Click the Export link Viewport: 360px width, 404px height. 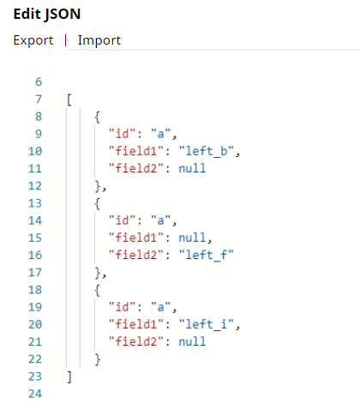pos(33,40)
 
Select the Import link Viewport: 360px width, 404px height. pos(99,40)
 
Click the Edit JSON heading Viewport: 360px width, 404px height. pos(47,15)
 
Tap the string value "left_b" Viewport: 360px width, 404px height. pos(207,151)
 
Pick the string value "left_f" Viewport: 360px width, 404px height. pos(207,255)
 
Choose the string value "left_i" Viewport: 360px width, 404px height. pos(207,324)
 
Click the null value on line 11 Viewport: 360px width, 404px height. pos(192,168)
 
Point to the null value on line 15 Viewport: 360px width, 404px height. pos(192,238)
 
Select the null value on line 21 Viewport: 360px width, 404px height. pos(192,341)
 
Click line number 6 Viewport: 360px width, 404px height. pos(39,82)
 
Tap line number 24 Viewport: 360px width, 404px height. pos(35,394)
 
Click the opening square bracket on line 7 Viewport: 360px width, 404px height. pos(69,99)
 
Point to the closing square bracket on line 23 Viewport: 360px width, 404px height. pos(69,377)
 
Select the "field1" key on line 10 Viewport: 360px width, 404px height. pos(136,151)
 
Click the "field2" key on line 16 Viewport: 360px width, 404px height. pos(136,255)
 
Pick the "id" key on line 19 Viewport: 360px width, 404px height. pos(122,307)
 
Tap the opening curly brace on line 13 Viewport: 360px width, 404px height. pos(98,203)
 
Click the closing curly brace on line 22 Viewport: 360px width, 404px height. pos(98,359)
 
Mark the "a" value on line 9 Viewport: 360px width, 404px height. pos(160,134)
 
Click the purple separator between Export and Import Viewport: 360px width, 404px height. pos(66,40)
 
